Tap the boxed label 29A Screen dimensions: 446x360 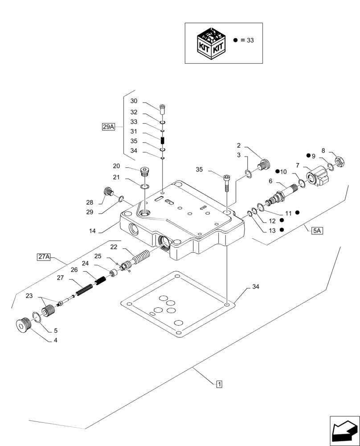pyautogui.click(x=108, y=127)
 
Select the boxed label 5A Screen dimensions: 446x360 pyautogui.click(x=318, y=231)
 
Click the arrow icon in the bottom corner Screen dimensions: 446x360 pyautogui.click(x=344, y=430)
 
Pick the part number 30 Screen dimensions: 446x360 pyautogui.click(x=134, y=101)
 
